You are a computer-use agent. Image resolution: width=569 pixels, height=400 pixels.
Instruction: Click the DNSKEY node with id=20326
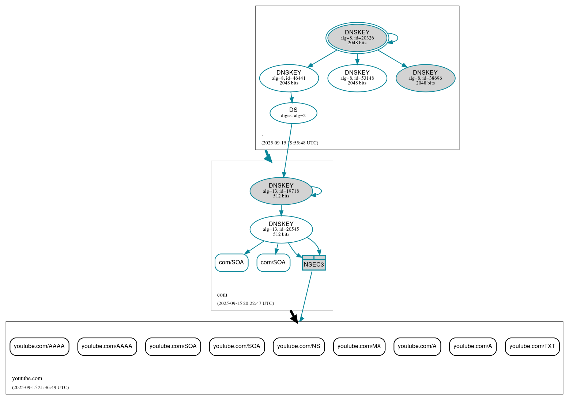coord(357,38)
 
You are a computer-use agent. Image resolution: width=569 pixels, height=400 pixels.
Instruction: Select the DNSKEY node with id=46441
coord(289,78)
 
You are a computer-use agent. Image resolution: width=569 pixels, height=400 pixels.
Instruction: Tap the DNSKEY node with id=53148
coord(357,78)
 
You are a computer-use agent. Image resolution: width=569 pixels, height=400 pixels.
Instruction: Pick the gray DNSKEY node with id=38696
coord(425,78)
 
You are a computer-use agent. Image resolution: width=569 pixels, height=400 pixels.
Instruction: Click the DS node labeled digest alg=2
coord(293,113)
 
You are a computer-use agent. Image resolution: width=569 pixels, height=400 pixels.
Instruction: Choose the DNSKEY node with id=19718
coord(281,191)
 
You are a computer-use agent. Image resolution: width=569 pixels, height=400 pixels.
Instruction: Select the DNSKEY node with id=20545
coord(281,229)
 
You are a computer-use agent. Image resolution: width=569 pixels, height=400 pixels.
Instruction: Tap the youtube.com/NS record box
coord(298,346)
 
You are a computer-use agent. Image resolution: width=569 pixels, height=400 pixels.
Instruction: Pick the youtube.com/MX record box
coord(359,346)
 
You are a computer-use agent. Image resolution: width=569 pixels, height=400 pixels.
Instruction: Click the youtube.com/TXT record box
coord(532,346)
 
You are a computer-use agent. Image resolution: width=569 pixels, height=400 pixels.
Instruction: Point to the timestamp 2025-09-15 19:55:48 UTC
coord(290,143)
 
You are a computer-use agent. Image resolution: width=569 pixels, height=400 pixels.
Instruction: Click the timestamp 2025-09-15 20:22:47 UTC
coord(245,303)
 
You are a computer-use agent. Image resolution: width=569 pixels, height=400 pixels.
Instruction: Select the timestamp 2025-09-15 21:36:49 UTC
coord(40,388)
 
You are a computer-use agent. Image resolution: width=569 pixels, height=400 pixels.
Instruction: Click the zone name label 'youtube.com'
coord(27,378)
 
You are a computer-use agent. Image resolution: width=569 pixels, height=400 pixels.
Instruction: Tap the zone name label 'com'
coord(222,295)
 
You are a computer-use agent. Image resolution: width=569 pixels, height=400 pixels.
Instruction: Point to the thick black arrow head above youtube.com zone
coord(294,318)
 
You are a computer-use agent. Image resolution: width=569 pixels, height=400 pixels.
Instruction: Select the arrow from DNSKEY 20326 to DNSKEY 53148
coord(357,59)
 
